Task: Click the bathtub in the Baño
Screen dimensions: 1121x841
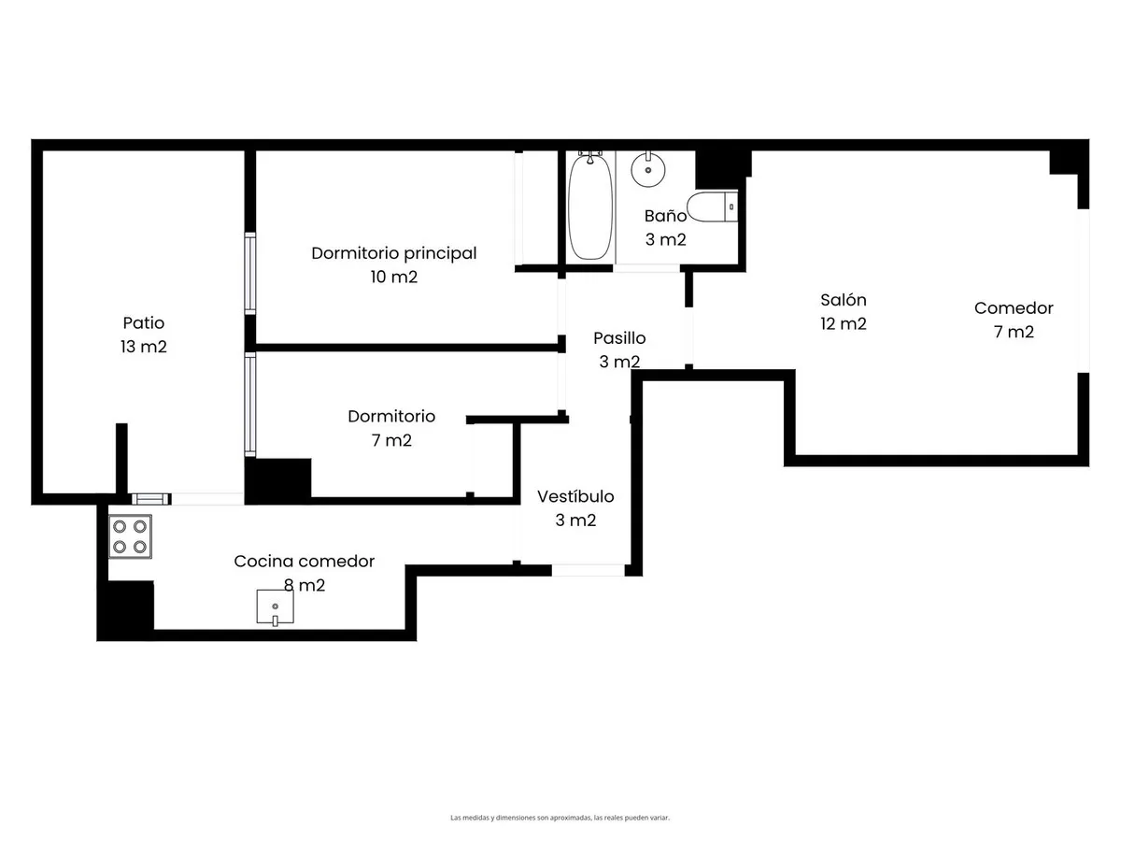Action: pos(589,207)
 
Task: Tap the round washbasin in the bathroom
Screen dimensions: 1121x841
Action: pos(647,169)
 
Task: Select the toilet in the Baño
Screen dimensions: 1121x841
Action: pos(712,207)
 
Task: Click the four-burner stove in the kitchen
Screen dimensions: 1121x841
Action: pos(130,536)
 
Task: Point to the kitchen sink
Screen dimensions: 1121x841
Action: pos(275,607)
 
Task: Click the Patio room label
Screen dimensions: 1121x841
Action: pos(144,322)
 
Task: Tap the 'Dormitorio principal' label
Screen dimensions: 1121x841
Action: pos(394,253)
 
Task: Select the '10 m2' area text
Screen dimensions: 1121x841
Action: pos(394,277)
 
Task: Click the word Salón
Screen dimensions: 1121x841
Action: pos(844,300)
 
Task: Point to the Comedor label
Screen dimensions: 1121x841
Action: pos(1014,308)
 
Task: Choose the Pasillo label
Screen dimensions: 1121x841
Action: pos(619,338)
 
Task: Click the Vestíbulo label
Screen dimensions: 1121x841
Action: pos(575,496)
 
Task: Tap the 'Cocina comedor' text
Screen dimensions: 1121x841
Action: pos(305,562)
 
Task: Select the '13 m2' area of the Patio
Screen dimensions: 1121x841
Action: pos(144,347)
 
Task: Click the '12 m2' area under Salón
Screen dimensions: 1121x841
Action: pos(844,323)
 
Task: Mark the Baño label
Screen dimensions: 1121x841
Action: pos(665,216)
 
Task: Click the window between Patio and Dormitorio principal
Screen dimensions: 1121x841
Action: pos(250,273)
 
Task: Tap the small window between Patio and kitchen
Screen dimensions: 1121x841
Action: pos(151,499)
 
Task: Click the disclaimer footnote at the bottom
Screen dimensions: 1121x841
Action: pos(560,818)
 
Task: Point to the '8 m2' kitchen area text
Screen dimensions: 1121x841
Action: pos(305,585)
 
